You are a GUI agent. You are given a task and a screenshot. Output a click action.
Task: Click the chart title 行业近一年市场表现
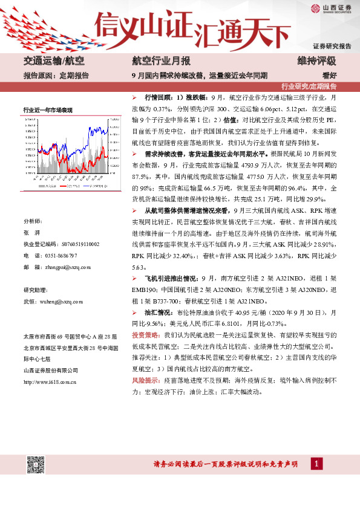(x=48, y=109)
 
